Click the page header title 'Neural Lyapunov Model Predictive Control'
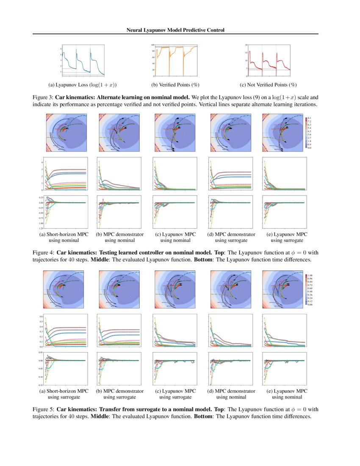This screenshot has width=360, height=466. pos(175,30)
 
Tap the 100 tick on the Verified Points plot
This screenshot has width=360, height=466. pos(152,44)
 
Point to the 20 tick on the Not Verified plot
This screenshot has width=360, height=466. pos(246,44)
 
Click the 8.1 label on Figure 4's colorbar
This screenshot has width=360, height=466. pos(310,117)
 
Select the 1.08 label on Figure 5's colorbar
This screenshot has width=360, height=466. pos(310,275)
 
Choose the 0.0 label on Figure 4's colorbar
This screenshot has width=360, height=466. pos(310,148)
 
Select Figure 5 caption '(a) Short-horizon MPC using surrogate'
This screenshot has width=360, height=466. pos(65,394)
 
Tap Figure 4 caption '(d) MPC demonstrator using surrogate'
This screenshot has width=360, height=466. pos(231,237)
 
